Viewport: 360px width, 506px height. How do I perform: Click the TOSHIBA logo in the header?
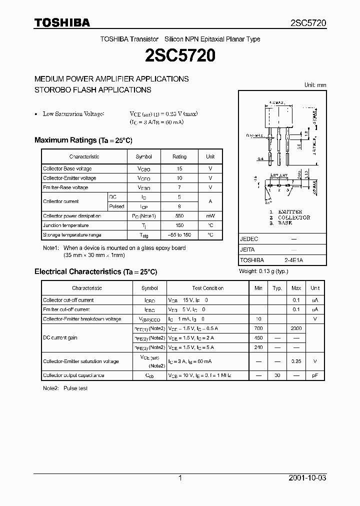62,22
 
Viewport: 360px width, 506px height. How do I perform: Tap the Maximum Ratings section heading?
83,140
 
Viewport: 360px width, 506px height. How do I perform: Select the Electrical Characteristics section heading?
95,271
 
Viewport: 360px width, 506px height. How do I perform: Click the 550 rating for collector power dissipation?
179,216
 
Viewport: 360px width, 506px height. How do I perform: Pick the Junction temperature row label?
66,225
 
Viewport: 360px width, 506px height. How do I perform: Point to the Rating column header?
179,156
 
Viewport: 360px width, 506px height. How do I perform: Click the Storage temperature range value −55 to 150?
179,234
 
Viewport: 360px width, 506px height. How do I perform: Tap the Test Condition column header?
207,288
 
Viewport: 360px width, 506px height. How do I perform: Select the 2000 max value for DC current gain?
296,328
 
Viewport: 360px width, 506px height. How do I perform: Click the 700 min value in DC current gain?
258,328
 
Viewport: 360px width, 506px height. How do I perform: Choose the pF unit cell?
315,375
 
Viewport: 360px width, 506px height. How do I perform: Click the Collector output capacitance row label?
73,375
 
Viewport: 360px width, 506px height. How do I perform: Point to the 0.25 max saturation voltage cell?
296,361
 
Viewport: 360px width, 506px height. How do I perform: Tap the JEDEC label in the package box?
249,239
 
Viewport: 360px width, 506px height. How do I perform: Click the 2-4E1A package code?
294,260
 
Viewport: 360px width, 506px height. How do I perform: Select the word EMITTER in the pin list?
289,212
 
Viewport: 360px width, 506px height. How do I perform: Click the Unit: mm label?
315,85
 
